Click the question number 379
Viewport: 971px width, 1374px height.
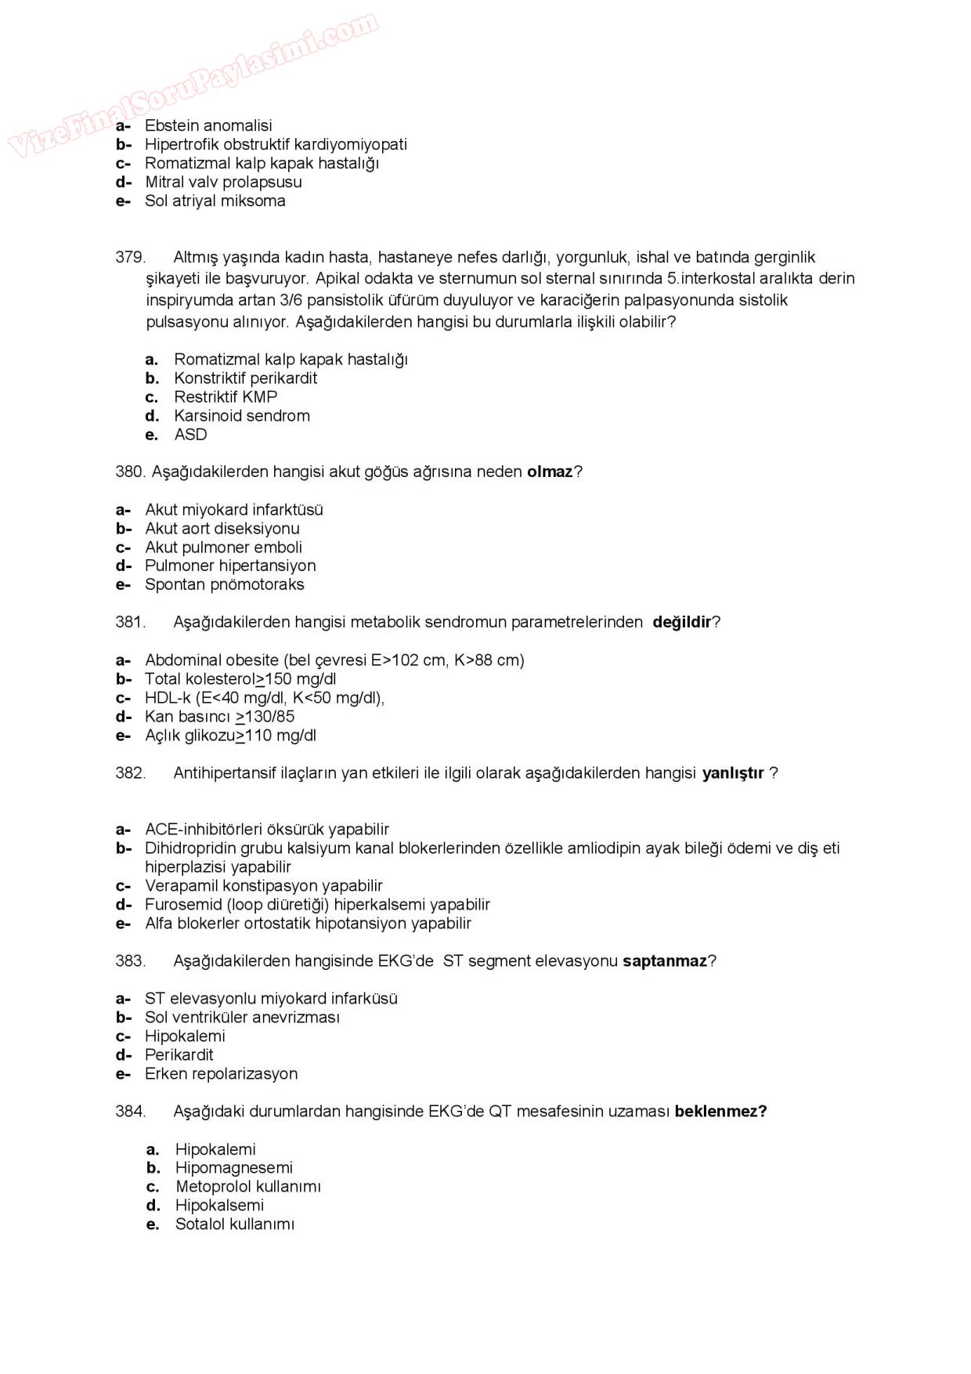(x=130, y=257)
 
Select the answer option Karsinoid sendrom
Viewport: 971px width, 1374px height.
(x=241, y=416)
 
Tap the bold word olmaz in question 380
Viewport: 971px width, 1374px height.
(x=550, y=472)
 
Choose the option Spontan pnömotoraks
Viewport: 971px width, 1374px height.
(x=224, y=584)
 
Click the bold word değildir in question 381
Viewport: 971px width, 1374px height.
(x=681, y=622)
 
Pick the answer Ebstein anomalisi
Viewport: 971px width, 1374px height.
(x=208, y=125)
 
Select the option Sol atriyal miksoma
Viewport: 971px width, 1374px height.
(x=215, y=201)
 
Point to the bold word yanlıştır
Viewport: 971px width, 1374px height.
(x=732, y=773)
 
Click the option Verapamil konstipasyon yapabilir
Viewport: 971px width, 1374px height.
(x=263, y=886)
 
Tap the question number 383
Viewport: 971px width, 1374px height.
(x=130, y=961)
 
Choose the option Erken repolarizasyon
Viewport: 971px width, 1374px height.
(x=221, y=1074)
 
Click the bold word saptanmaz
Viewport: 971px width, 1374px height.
(x=664, y=961)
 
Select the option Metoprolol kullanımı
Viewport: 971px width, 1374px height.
(x=247, y=1187)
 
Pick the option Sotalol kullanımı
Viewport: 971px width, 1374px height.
(x=234, y=1224)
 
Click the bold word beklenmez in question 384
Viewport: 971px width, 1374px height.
(x=720, y=1112)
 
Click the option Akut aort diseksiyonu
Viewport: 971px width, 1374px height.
(x=222, y=529)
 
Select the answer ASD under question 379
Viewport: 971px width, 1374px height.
(x=190, y=435)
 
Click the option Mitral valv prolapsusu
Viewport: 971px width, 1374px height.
(x=223, y=182)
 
